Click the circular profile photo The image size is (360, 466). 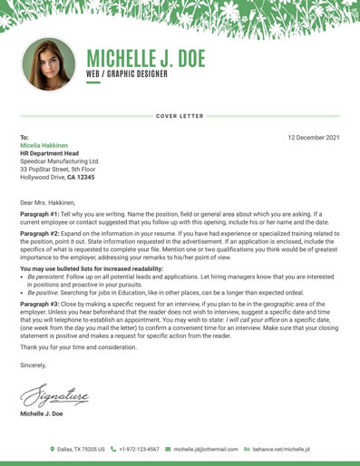click(48, 63)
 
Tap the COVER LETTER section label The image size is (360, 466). click(180, 117)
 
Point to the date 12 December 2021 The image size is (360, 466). click(313, 137)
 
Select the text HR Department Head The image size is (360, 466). click(50, 153)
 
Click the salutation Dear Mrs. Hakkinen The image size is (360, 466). click(52, 202)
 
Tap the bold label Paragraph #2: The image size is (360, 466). click(42, 233)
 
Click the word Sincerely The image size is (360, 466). click(35, 364)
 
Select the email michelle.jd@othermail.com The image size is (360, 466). click(206, 449)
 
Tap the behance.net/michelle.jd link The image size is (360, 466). click(281, 449)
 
